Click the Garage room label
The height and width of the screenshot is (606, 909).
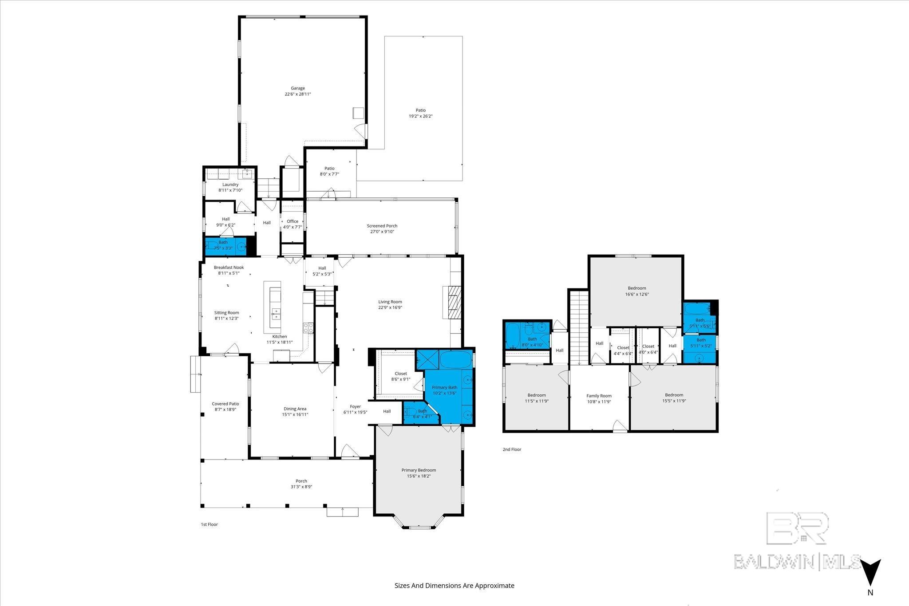click(x=298, y=88)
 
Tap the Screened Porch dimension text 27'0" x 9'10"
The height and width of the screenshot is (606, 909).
click(x=382, y=232)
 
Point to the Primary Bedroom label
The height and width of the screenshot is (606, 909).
click(x=419, y=470)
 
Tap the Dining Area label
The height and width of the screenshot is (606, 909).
click(x=295, y=409)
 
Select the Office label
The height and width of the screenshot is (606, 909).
click(x=292, y=221)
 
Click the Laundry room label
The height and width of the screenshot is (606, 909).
click(x=230, y=185)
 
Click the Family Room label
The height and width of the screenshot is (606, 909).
click(x=599, y=396)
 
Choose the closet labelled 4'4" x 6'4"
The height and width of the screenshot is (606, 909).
click(x=623, y=348)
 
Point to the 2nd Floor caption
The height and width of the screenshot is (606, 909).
click(x=512, y=449)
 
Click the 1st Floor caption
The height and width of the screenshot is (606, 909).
click(x=209, y=524)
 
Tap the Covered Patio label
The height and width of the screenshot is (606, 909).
click(x=225, y=404)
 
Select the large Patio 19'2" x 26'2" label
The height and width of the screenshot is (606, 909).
click(x=420, y=110)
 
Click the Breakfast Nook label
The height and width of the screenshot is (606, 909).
click(x=229, y=268)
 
